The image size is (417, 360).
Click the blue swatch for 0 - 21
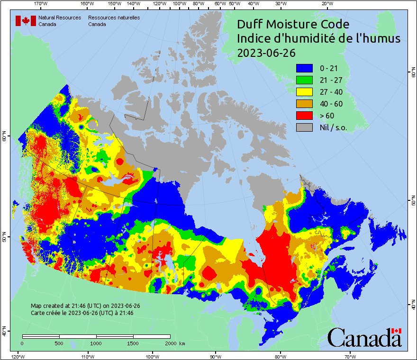[304, 68]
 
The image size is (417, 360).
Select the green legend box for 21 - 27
[304, 80]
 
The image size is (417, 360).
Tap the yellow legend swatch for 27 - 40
[304, 92]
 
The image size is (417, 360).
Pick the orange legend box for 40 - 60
[304, 104]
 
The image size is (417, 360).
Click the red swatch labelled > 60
[304, 116]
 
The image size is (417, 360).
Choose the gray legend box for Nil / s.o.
[304, 127]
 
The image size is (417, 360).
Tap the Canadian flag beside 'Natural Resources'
[26, 20]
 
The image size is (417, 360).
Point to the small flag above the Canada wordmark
[397, 331]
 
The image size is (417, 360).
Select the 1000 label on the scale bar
[96, 343]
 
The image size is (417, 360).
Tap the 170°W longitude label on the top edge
[41, 4]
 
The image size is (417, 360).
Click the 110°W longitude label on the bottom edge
[88, 356]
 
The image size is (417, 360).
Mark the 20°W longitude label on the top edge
[326, 4]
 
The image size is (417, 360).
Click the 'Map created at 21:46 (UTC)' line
[85, 306]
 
